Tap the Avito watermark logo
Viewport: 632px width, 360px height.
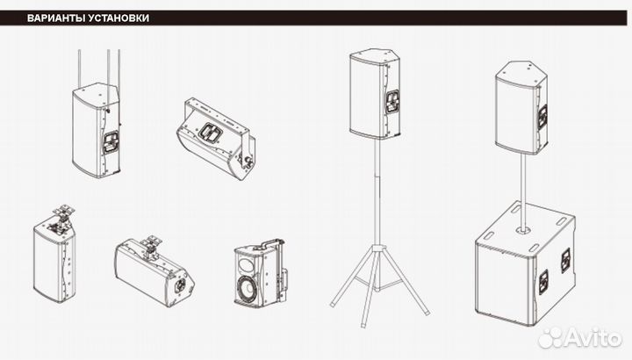[x=580, y=338]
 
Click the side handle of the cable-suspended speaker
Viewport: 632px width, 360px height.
[x=110, y=143]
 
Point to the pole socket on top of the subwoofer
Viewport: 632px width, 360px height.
[x=524, y=230]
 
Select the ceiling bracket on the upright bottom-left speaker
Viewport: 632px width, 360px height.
[x=61, y=218]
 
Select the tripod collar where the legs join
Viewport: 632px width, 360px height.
[x=377, y=247]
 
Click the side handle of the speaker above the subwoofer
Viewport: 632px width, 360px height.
[x=543, y=117]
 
